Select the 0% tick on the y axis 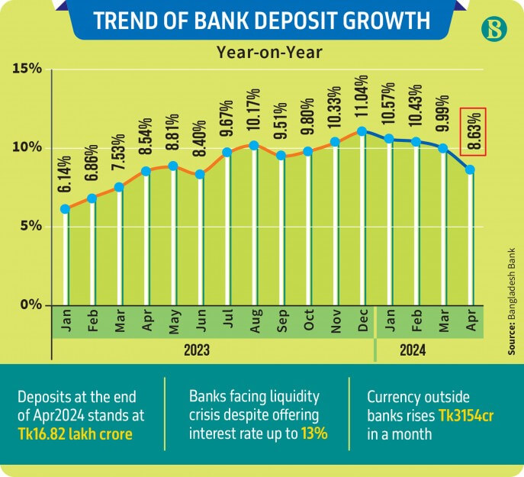click(30, 305)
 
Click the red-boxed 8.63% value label click(474, 131)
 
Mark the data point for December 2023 click(362, 131)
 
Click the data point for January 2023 click(66, 209)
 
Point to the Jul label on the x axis click(227, 323)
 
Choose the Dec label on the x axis click(362, 323)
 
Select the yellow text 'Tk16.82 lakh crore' click(75, 433)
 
